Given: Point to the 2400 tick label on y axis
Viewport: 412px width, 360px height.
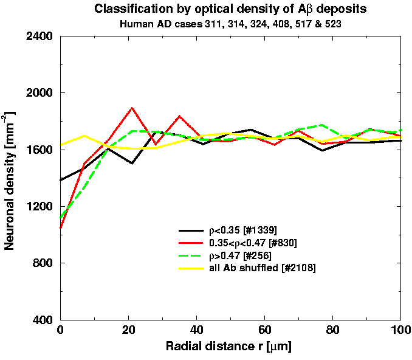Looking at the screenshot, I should (x=38, y=36).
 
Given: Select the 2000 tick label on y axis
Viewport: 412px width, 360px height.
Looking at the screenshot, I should (x=38, y=93).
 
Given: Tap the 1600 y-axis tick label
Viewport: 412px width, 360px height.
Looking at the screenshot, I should (x=38, y=150).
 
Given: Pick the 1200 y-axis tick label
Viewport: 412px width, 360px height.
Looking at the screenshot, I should (x=38, y=207).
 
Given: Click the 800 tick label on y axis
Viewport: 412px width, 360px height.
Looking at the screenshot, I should (x=42, y=263).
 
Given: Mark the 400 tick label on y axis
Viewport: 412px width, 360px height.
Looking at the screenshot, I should (x=42, y=320).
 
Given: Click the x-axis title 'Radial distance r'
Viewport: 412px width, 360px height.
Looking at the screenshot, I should (x=230, y=348).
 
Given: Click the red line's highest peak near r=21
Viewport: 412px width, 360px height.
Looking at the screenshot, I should (x=131, y=108).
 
